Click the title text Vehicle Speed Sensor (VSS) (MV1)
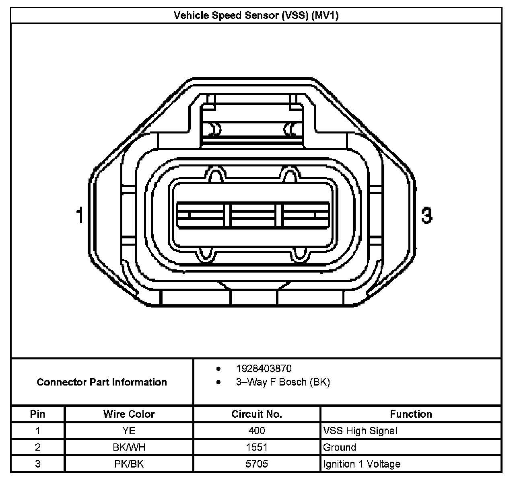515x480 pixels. pyautogui.click(x=256, y=16)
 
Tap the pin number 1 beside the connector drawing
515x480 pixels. pyautogui.click(x=80, y=215)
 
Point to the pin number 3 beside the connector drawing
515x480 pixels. pyautogui.click(x=426, y=215)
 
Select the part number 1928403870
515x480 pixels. pyautogui.click(x=264, y=368)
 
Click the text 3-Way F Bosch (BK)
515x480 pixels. pyautogui.click(x=283, y=382)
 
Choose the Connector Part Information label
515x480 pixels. pyautogui.click(x=102, y=382)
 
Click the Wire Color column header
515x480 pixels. pyautogui.click(x=129, y=414)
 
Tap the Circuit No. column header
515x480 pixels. pyautogui.click(x=256, y=414)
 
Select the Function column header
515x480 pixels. pyautogui.click(x=411, y=414)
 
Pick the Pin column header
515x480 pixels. pyautogui.click(x=37, y=414)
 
